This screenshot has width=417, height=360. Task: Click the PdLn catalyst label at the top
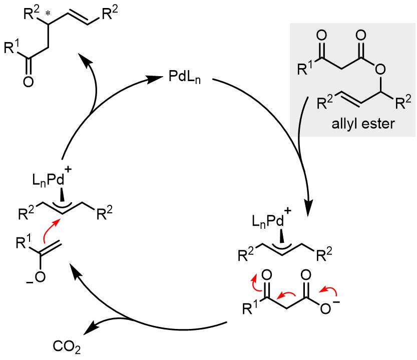185,78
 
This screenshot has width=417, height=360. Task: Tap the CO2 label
67,347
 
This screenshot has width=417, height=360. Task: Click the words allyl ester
363,124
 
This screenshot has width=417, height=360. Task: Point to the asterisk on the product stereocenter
48,14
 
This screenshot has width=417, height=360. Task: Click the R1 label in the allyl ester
304,68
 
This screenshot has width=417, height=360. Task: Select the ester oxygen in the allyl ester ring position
380,70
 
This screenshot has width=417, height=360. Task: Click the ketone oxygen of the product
29,82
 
